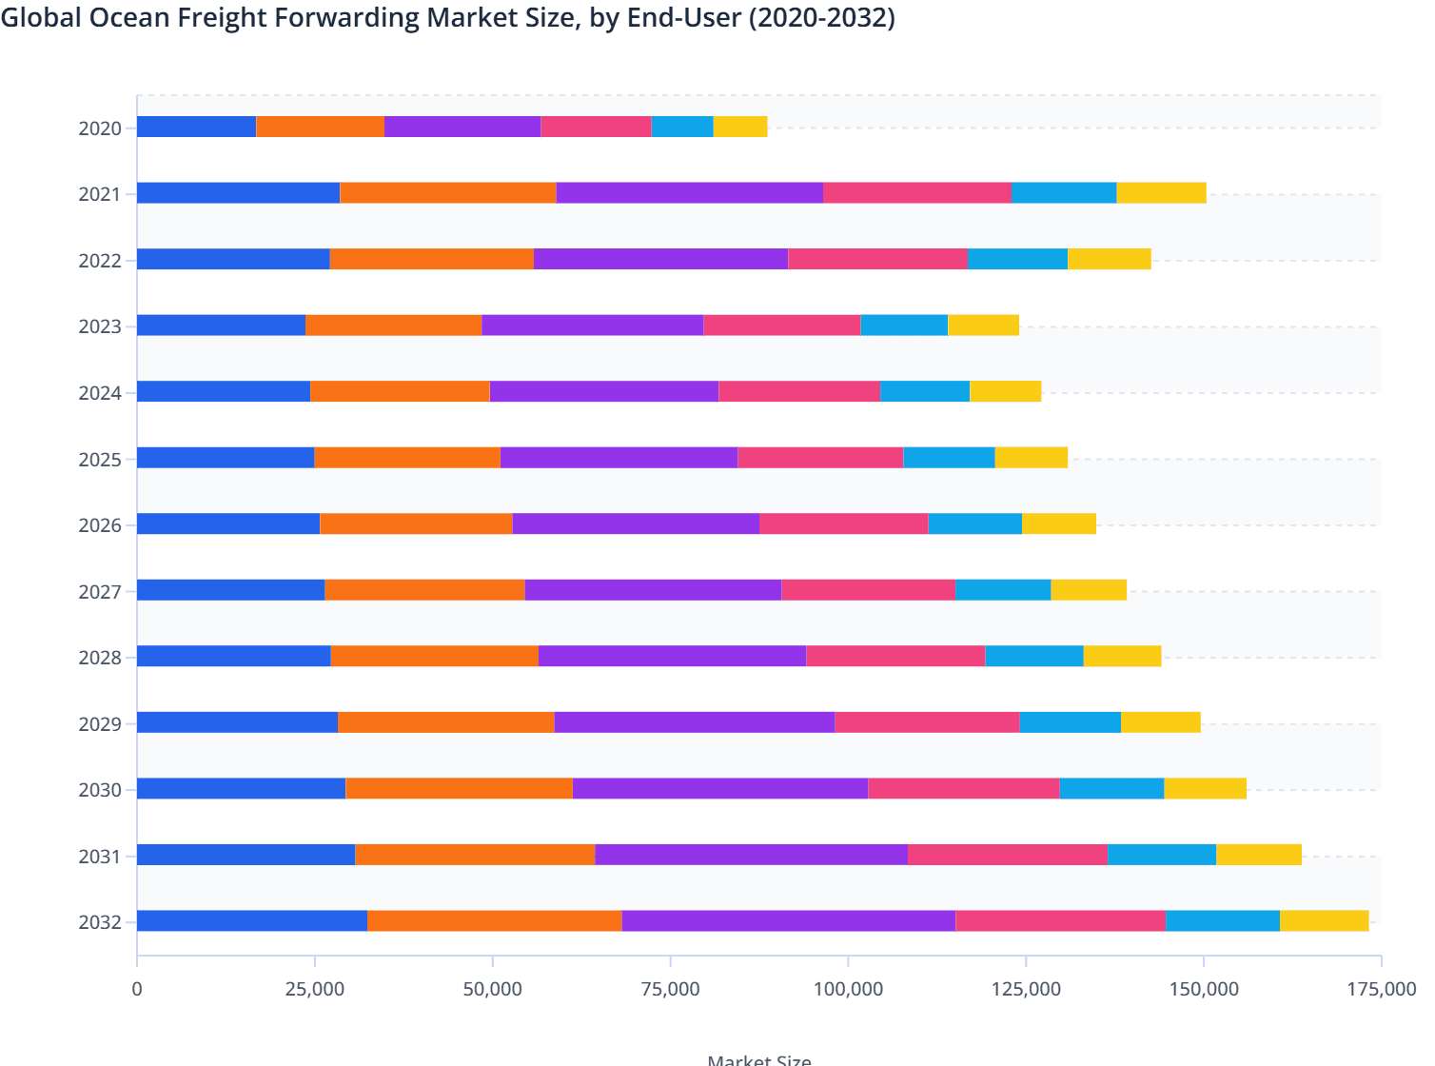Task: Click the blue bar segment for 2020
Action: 196,127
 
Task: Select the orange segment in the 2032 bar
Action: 494,920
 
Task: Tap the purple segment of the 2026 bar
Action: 635,523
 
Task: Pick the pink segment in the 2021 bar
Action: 916,192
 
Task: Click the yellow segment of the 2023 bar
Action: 983,325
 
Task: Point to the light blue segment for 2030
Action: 1111,788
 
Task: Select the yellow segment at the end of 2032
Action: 1324,920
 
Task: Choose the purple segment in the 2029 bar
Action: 694,721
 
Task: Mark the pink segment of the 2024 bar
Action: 798,391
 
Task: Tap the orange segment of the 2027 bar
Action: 424,589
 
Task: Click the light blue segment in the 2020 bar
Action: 681,127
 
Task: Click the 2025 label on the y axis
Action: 100,460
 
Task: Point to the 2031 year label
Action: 100,857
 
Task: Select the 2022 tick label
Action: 100,261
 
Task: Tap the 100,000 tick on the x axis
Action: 848,989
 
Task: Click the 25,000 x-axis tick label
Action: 315,989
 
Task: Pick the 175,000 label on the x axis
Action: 1381,989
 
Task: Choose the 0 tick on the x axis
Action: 137,989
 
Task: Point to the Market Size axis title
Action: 758,1059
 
